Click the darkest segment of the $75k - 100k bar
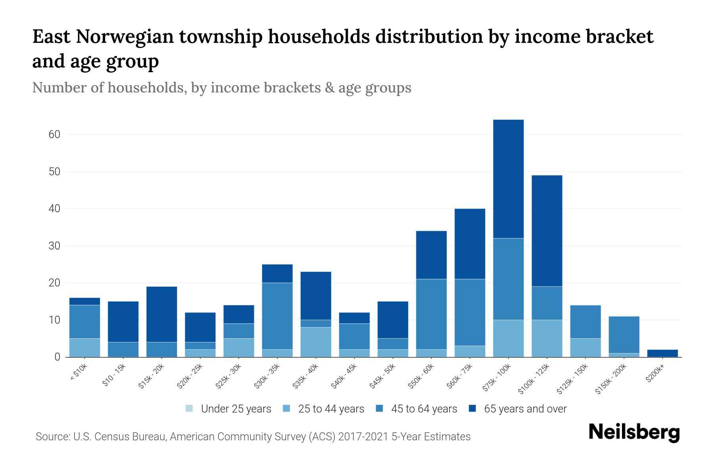[508, 178]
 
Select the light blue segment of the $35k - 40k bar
[316, 342]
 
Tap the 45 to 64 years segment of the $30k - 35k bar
[277, 316]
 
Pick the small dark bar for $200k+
[662, 353]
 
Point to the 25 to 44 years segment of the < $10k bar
[84, 347]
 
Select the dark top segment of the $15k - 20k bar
[161, 314]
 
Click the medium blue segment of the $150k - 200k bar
[624, 334]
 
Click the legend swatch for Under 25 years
[189, 409]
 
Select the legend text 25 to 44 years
[331, 409]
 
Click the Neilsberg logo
[634, 432]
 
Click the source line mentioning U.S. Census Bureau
[253, 437]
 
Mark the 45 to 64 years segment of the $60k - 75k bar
[470, 312]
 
